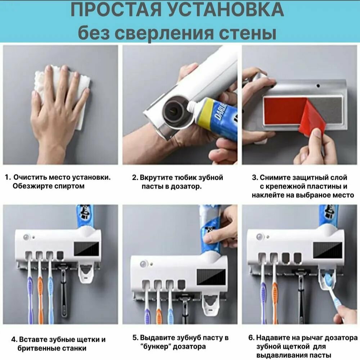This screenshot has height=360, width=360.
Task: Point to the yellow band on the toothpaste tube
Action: [202, 112]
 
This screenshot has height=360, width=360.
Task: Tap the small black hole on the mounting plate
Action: [318, 86]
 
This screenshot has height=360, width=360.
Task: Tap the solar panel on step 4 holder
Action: [86, 249]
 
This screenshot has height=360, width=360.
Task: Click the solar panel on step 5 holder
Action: [211, 277]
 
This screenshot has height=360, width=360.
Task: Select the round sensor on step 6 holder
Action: [260, 237]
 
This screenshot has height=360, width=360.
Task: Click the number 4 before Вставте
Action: [14, 339]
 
